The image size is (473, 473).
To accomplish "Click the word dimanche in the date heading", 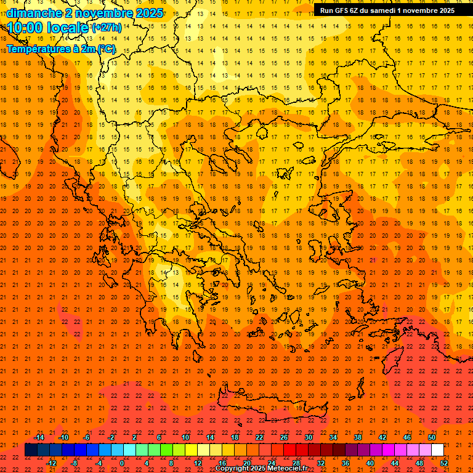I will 34,13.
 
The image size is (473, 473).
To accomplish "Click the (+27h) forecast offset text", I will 107,28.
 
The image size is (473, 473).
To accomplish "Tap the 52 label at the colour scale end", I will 444,463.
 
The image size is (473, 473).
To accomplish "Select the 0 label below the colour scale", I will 122,463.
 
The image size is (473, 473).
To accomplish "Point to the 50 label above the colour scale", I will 431,437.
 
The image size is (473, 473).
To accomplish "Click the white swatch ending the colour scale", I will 437,450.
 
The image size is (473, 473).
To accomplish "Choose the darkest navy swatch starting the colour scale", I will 31,450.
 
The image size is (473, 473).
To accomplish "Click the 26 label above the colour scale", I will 284,437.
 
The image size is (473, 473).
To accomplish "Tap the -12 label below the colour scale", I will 51,463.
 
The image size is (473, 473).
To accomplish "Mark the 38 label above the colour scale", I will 358,437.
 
